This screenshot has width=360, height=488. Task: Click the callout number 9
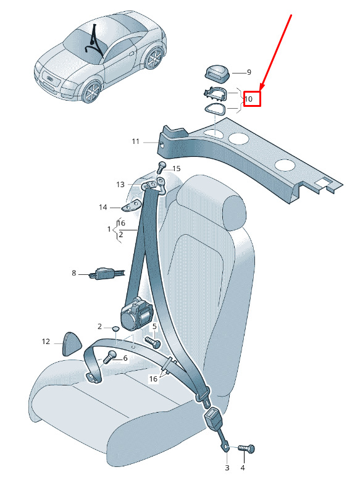click(x=249, y=72)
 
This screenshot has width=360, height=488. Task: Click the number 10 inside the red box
click(x=248, y=99)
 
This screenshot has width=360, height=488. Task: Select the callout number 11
click(x=135, y=141)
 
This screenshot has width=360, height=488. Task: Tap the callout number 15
click(x=177, y=169)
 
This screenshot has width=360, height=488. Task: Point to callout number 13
click(x=120, y=185)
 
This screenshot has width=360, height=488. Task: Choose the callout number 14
click(x=103, y=208)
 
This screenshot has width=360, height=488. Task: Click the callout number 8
click(x=73, y=273)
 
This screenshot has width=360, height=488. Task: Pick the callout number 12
click(x=46, y=342)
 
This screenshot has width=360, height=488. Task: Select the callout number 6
click(x=125, y=358)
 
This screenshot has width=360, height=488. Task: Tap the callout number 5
click(x=154, y=327)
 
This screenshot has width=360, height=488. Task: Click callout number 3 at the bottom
click(x=227, y=468)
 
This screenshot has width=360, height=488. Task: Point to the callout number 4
click(x=243, y=468)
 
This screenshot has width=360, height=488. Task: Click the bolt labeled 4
click(x=246, y=449)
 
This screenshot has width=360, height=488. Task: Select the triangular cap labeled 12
click(x=72, y=343)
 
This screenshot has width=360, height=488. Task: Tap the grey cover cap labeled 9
click(x=217, y=72)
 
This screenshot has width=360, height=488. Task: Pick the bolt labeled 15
click(x=161, y=167)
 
